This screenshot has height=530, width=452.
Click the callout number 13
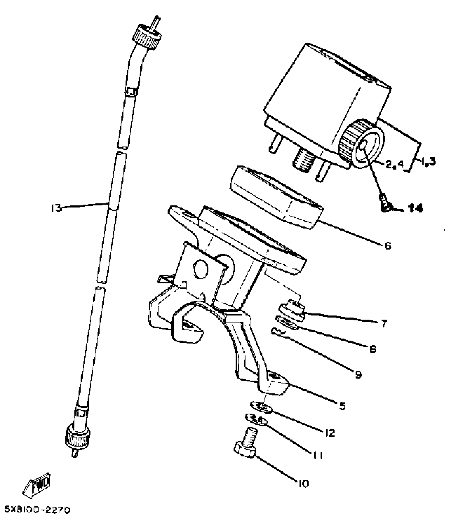56,208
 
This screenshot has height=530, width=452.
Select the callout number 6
388,246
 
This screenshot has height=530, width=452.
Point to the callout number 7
384,324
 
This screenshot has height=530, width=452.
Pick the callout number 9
358,375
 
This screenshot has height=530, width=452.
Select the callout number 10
303,484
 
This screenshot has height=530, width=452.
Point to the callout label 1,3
428,161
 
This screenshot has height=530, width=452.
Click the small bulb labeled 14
384,206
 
